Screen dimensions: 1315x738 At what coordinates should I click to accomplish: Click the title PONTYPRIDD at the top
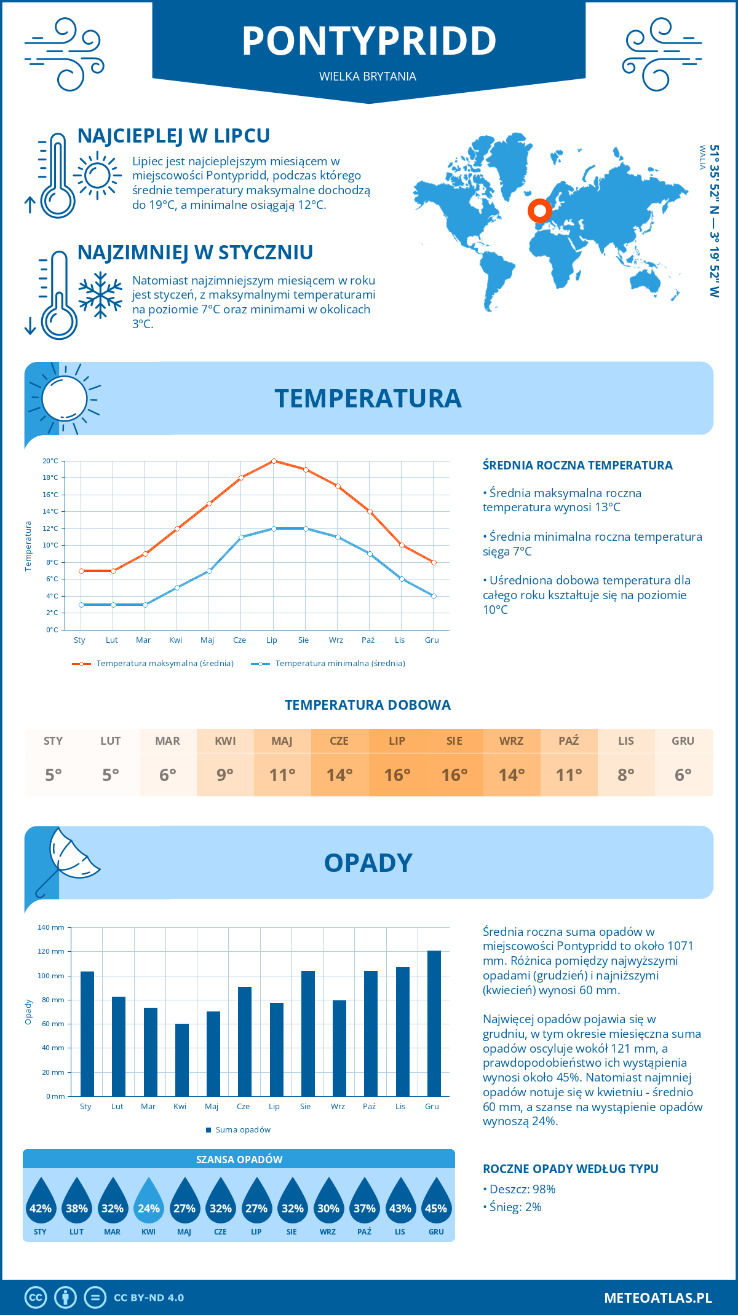click(x=369, y=41)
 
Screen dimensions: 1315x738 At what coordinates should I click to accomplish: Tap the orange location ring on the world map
click(x=539, y=211)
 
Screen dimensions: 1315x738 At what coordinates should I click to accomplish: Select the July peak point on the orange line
click(x=274, y=461)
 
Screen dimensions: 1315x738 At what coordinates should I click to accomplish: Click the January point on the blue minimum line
click(x=81, y=605)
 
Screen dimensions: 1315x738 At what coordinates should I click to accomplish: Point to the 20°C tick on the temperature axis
click(x=50, y=461)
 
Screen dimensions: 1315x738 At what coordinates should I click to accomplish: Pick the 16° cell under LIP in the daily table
click(x=397, y=775)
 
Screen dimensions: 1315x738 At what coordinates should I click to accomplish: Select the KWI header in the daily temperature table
click(x=225, y=741)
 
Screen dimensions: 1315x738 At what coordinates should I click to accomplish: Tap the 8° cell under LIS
click(x=625, y=775)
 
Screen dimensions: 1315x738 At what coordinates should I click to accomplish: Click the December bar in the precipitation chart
click(x=434, y=1023)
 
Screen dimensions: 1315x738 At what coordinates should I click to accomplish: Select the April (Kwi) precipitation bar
click(x=181, y=1059)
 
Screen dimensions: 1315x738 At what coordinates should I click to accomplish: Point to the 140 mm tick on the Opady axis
click(x=52, y=927)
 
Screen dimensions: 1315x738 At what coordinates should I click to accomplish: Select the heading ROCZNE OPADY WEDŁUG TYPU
click(x=570, y=1169)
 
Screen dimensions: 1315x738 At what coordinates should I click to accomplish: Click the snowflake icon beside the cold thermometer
click(x=100, y=295)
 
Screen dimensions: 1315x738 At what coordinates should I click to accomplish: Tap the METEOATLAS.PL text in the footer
click(x=657, y=1298)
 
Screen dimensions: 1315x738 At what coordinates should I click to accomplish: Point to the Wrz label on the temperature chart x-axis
click(x=336, y=640)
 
